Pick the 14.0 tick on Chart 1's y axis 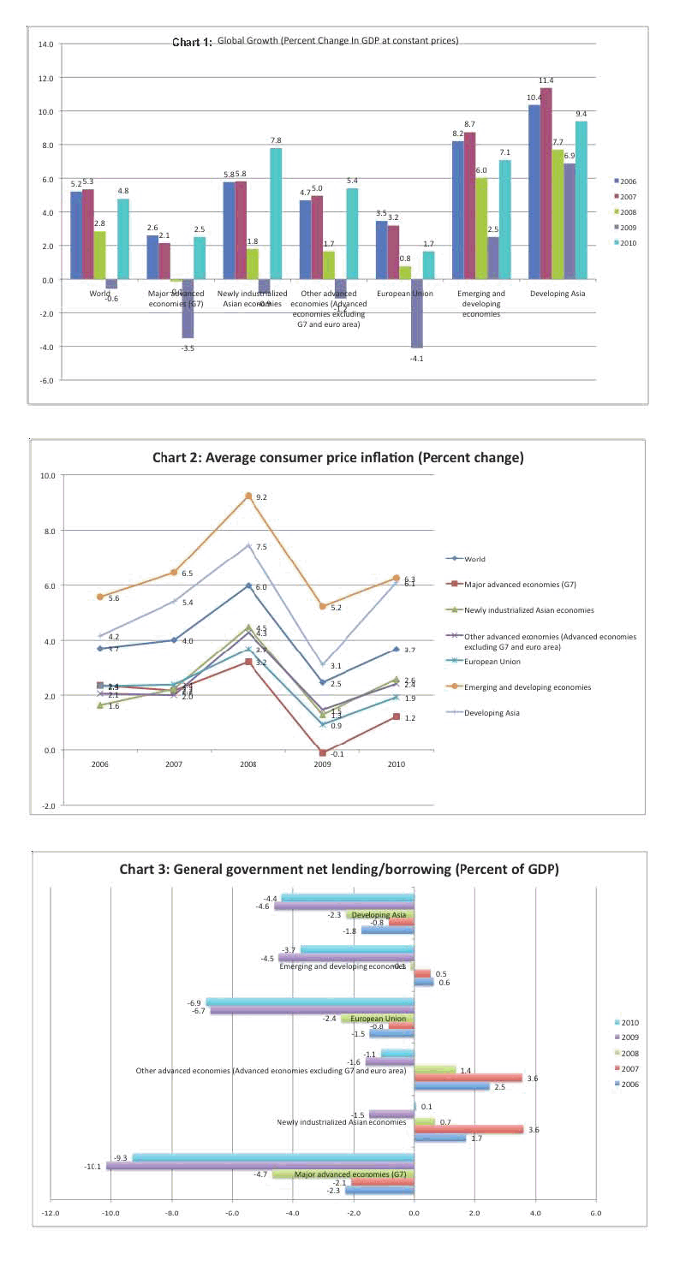click(x=45, y=44)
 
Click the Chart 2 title click(x=337, y=458)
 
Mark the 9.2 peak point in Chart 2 click(x=248, y=496)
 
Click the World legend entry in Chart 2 click(x=475, y=558)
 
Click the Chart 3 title click(x=339, y=870)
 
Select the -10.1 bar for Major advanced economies click(x=260, y=1166)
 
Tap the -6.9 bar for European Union click(x=310, y=1002)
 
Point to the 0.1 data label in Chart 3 click(x=426, y=1107)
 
